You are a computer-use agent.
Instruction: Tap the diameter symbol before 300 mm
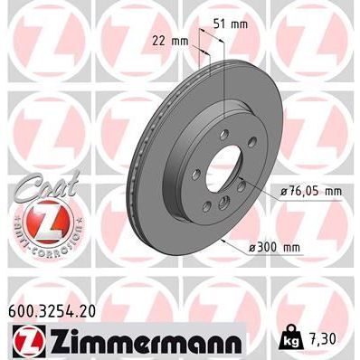click(x=257, y=246)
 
